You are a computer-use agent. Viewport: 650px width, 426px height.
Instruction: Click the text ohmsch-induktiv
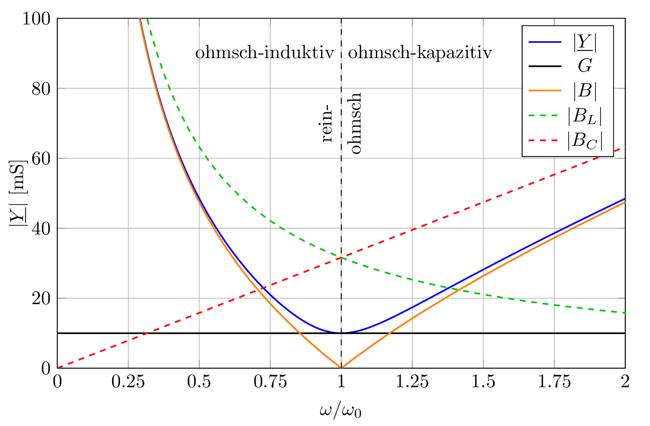click(x=265, y=53)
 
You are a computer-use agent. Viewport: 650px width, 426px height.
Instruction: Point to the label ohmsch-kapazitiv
click(x=420, y=53)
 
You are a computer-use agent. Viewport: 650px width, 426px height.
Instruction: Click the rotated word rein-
click(x=326, y=124)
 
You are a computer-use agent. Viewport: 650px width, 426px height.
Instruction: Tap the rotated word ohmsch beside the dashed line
click(x=355, y=123)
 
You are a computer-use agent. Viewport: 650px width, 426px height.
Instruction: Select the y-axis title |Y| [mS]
click(x=17, y=194)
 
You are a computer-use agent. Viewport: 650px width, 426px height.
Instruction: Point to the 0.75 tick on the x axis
click(x=270, y=382)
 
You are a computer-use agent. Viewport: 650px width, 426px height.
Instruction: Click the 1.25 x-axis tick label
click(x=412, y=382)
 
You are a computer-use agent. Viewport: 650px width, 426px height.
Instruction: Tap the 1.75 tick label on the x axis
click(x=554, y=382)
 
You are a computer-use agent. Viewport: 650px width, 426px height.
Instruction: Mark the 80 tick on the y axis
click(x=41, y=89)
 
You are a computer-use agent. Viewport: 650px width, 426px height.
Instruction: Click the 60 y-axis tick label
click(x=41, y=159)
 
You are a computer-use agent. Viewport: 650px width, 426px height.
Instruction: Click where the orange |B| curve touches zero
click(x=341, y=368)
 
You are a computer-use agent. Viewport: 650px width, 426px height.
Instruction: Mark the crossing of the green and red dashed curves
click(x=341, y=258)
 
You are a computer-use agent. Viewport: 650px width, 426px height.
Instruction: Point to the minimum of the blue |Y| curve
click(x=341, y=333)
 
